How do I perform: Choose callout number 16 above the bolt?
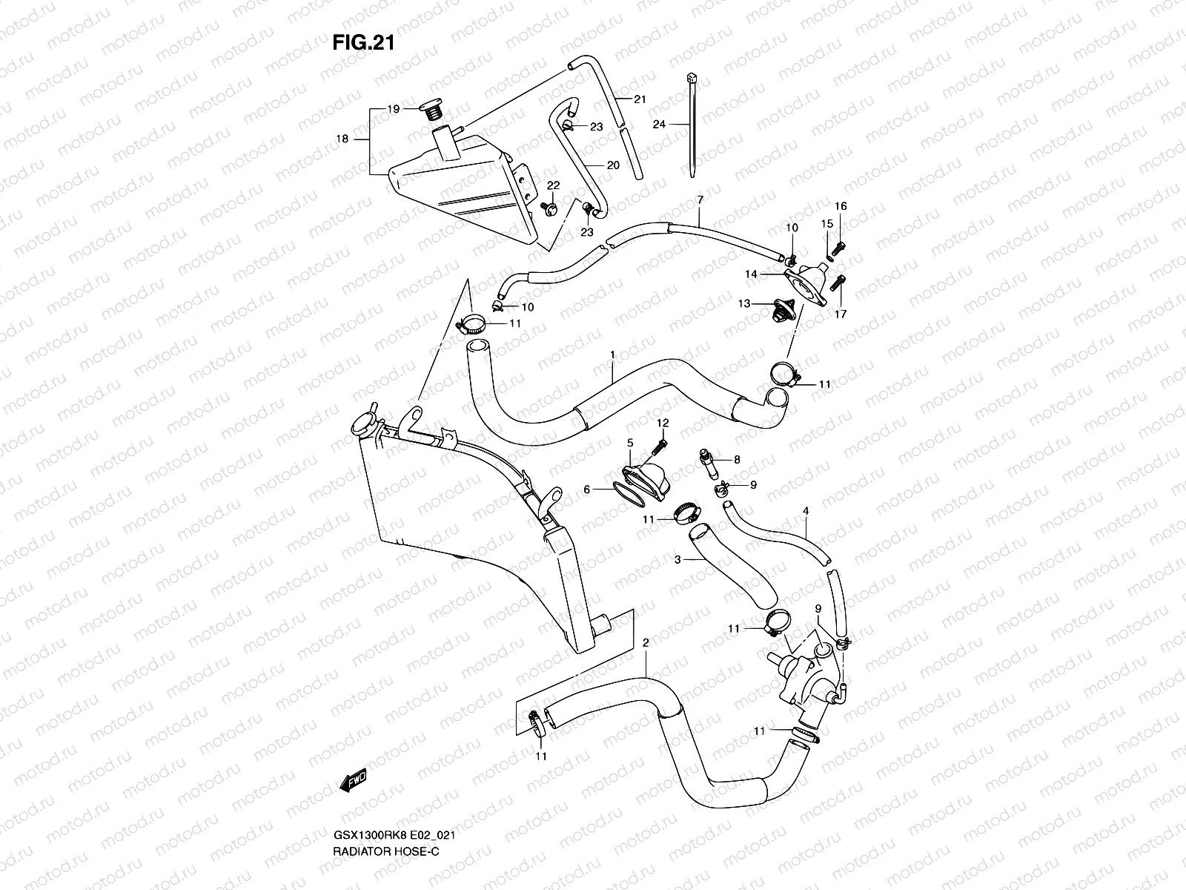point(841,206)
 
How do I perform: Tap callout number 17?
point(841,314)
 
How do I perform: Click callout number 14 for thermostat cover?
point(751,274)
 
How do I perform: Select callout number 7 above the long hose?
point(699,200)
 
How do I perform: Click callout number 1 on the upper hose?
point(613,355)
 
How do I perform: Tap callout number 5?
point(630,443)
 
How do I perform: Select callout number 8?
point(737,460)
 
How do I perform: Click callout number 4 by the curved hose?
point(806,511)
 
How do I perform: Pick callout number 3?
point(678,561)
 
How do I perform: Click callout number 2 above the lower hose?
point(646,643)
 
